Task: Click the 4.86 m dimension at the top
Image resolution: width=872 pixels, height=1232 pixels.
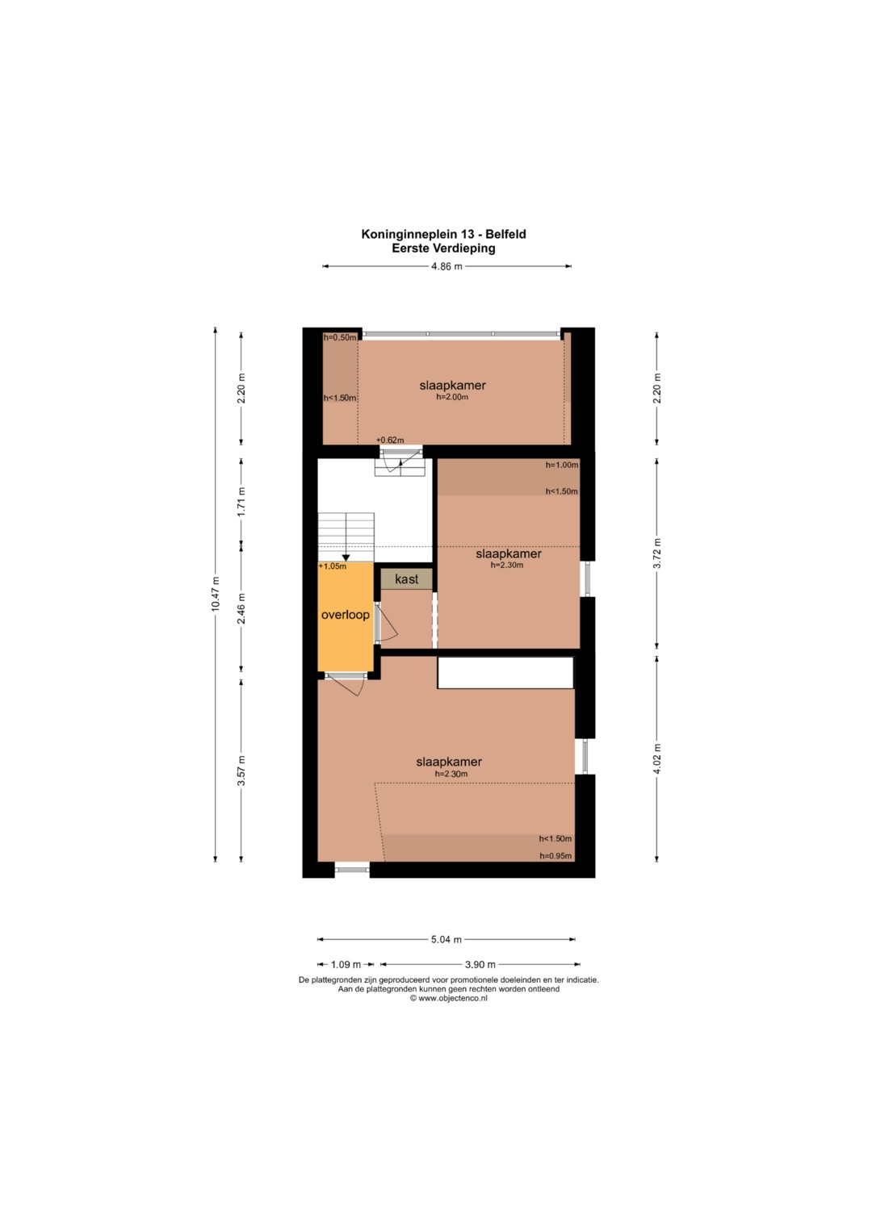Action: (x=446, y=266)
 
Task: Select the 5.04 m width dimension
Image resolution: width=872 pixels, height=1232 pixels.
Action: (x=446, y=939)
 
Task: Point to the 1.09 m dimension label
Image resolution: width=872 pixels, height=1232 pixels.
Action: (x=346, y=964)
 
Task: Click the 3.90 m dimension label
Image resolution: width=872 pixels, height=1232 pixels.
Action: (x=480, y=964)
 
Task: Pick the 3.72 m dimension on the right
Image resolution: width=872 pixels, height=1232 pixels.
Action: (x=656, y=553)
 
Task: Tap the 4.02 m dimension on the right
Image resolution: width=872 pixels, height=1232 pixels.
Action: (x=656, y=758)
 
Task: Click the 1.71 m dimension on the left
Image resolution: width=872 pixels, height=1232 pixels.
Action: (x=241, y=502)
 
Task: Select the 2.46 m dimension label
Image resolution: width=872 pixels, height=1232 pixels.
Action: (x=241, y=608)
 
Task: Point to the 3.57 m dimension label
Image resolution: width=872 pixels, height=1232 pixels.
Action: (x=241, y=771)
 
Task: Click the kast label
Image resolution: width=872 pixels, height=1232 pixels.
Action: (x=406, y=579)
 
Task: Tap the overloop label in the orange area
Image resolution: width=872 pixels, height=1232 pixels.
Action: (x=346, y=615)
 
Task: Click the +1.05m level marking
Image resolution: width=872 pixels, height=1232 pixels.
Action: (x=333, y=566)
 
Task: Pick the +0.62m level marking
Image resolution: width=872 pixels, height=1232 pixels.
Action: (x=390, y=440)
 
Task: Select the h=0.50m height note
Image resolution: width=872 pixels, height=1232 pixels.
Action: (x=340, y=338)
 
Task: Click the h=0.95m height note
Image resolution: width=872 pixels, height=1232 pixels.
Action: (x=555, y=856)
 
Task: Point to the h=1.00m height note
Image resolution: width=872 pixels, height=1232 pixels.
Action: (x=562, y=465)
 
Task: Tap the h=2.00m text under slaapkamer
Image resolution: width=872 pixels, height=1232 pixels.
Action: (x=452, y=397)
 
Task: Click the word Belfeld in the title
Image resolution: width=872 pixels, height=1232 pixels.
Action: (x=506, y=234)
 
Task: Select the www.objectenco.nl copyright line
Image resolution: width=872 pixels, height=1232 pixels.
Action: (x=449, y=998)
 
